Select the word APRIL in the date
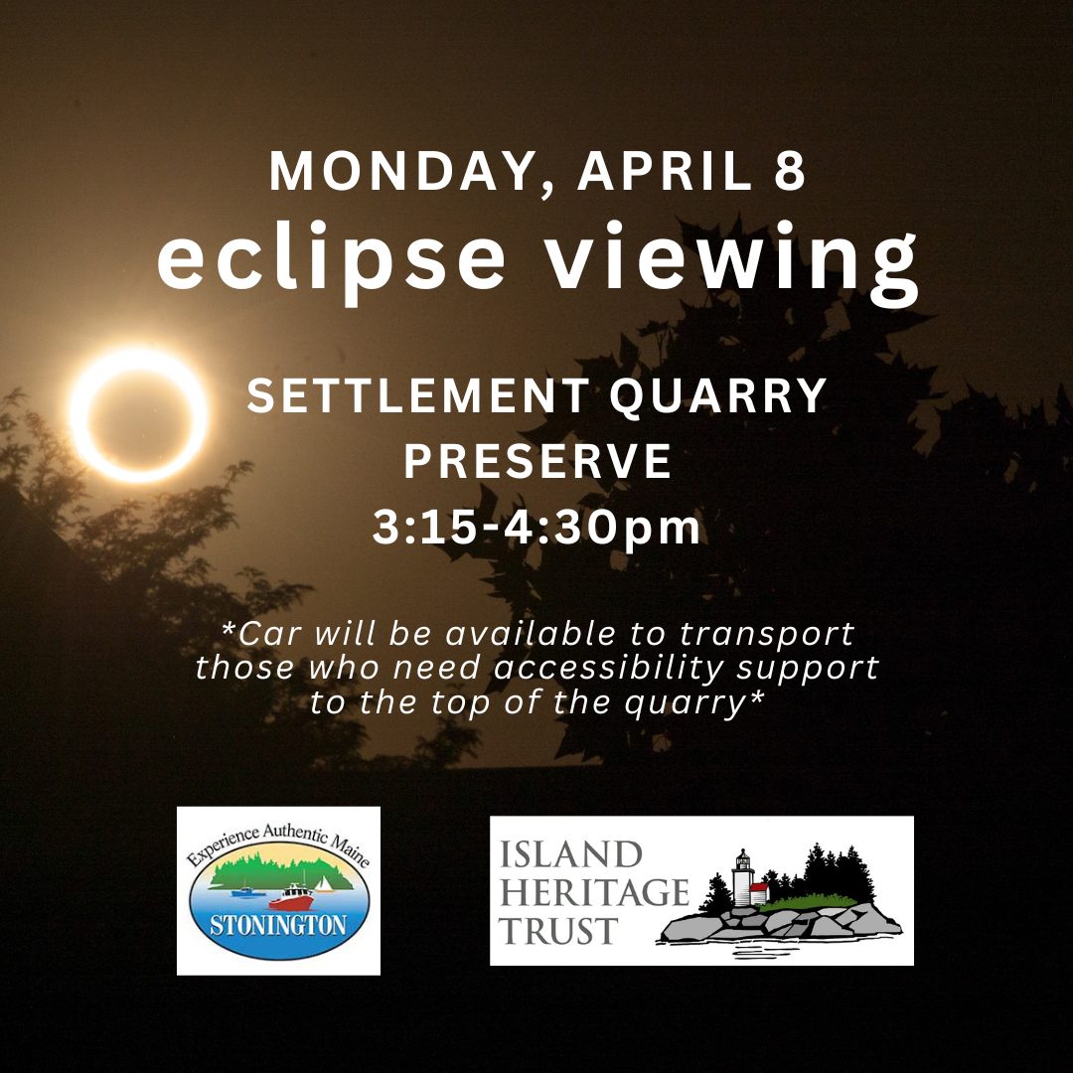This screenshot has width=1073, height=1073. click(x=665, y=171)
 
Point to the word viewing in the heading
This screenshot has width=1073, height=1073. click(x=732, y=263)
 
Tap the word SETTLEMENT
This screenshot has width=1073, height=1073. click(x=418, y=396)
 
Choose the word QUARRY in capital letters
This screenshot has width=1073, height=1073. click(x=718, y=396)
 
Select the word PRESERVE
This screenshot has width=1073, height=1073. click(x=537, y=461)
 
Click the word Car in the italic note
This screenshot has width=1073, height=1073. click(x=269, y=633)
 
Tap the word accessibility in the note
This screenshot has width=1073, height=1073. click(x=608, y=669)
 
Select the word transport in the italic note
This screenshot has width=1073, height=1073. click(x=766, y=634)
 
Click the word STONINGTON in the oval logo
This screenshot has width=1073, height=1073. click(x=278, y=925)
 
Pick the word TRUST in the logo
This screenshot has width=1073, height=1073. click(x=558, y=931)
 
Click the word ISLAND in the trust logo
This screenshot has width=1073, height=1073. click(x=570, y=854)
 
